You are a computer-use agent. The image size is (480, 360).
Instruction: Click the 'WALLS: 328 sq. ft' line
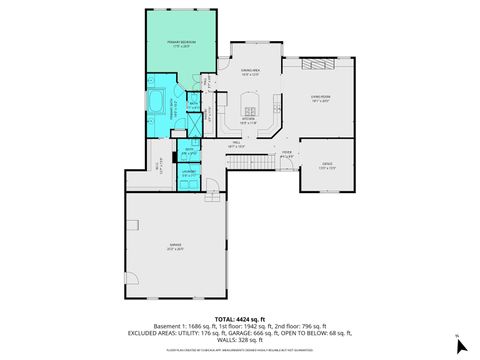[x=239, y=340]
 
